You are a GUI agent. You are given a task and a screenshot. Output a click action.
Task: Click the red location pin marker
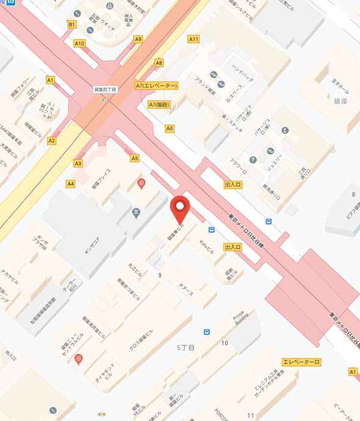tap(179, 209)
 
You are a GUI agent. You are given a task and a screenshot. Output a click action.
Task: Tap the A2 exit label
tap(52, 141)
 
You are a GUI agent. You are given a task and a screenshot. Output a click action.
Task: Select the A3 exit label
tap(78, 163)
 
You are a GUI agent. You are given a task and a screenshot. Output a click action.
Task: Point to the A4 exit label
tap(71, 183)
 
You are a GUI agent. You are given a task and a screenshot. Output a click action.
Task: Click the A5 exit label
tap(134, 158)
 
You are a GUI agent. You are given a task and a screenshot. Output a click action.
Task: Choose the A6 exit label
tap(170, 128)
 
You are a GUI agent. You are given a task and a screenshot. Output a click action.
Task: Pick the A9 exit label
tap(138, 39)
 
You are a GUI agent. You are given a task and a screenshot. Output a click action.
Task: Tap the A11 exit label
tap(194, 39)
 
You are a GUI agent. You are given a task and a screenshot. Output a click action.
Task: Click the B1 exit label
tap(72, 24)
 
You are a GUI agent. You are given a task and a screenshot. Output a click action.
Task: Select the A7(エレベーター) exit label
tap(156, 86)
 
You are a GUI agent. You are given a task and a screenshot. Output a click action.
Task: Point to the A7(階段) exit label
tap(160, 104)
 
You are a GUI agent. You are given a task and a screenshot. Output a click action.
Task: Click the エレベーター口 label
tap(301, 362)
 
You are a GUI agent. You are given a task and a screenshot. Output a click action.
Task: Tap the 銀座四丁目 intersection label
tap(105, 89)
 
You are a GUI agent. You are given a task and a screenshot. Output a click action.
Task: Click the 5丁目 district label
tap(186, 347)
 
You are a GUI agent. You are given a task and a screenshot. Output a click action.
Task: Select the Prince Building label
tap(239, 318)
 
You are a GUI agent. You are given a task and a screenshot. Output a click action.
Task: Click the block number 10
tap(224, 343)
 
